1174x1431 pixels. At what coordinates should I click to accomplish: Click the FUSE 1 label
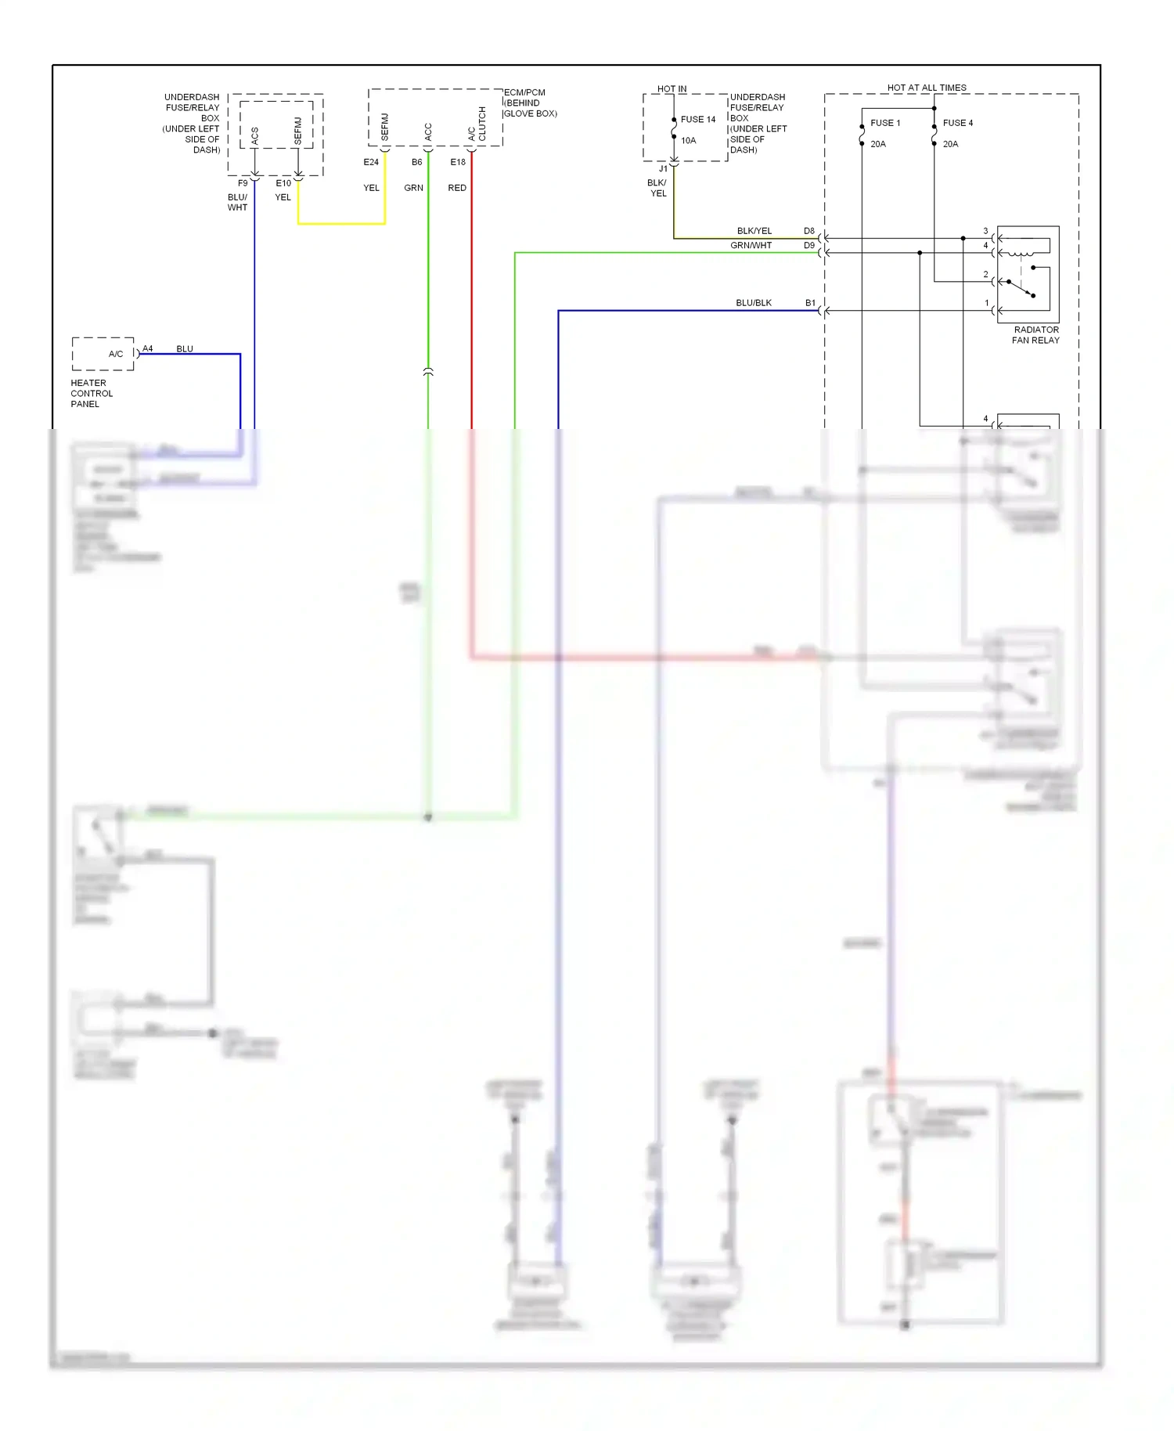click(885, 123)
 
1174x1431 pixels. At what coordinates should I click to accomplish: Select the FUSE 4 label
click(957, 123)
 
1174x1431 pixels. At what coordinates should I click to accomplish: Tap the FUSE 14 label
click(698, 120)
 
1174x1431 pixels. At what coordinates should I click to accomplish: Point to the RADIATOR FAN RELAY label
click(1035, 335)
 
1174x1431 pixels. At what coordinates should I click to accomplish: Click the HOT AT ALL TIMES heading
click(927, 88)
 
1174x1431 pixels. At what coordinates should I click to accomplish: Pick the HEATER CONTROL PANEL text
click(92, 394)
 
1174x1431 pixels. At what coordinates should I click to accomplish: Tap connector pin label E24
click(371, 162)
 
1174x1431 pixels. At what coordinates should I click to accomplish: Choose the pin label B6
click(417, 162)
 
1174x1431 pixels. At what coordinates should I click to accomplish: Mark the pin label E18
click(458, 162)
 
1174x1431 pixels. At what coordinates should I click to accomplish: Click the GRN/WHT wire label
click(751, 245)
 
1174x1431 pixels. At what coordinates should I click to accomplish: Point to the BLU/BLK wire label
click(754, 303)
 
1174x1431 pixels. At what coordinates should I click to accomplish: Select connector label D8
click(809, 231)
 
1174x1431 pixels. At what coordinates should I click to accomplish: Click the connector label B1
click(811, 303)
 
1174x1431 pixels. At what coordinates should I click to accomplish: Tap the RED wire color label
click(457, 188)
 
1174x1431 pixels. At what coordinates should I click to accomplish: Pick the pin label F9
click(243, 183)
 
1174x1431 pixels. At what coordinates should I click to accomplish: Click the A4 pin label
click(148, 348)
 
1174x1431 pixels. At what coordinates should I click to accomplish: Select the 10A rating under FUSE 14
click(689, 141)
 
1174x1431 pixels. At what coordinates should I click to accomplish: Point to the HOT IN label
click(672, 89)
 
